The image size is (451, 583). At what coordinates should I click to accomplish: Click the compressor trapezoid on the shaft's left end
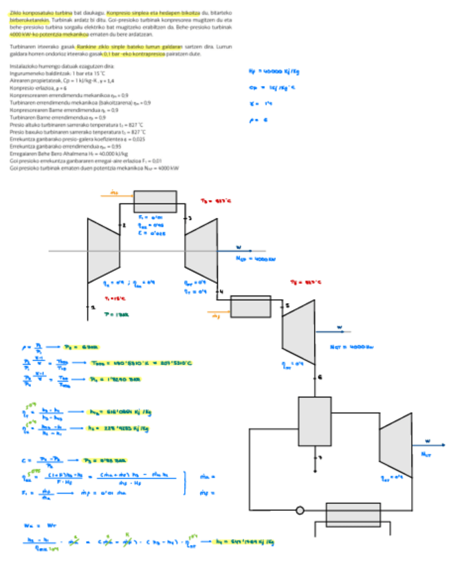[x=104, y=250]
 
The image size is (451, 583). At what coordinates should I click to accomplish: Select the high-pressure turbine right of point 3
[x=201, y=250]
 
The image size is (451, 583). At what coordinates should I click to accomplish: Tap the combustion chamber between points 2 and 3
[x=155, y=202]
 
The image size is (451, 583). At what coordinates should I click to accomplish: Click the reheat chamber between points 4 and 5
[x=251, y=305]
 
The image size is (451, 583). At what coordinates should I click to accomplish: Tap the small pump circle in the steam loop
[x=299, y=511]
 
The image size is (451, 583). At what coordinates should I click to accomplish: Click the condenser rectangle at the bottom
[x=353, y=514]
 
